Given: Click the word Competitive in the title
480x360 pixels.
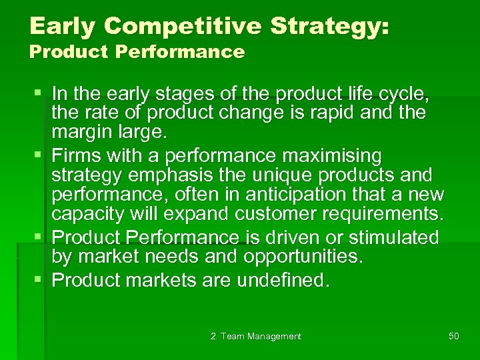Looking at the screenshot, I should (175, 27).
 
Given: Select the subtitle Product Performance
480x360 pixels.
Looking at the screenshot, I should (137, 52).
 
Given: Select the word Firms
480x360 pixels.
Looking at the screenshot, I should (76, 157).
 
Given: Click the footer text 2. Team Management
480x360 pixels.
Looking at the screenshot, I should (255, 337).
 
